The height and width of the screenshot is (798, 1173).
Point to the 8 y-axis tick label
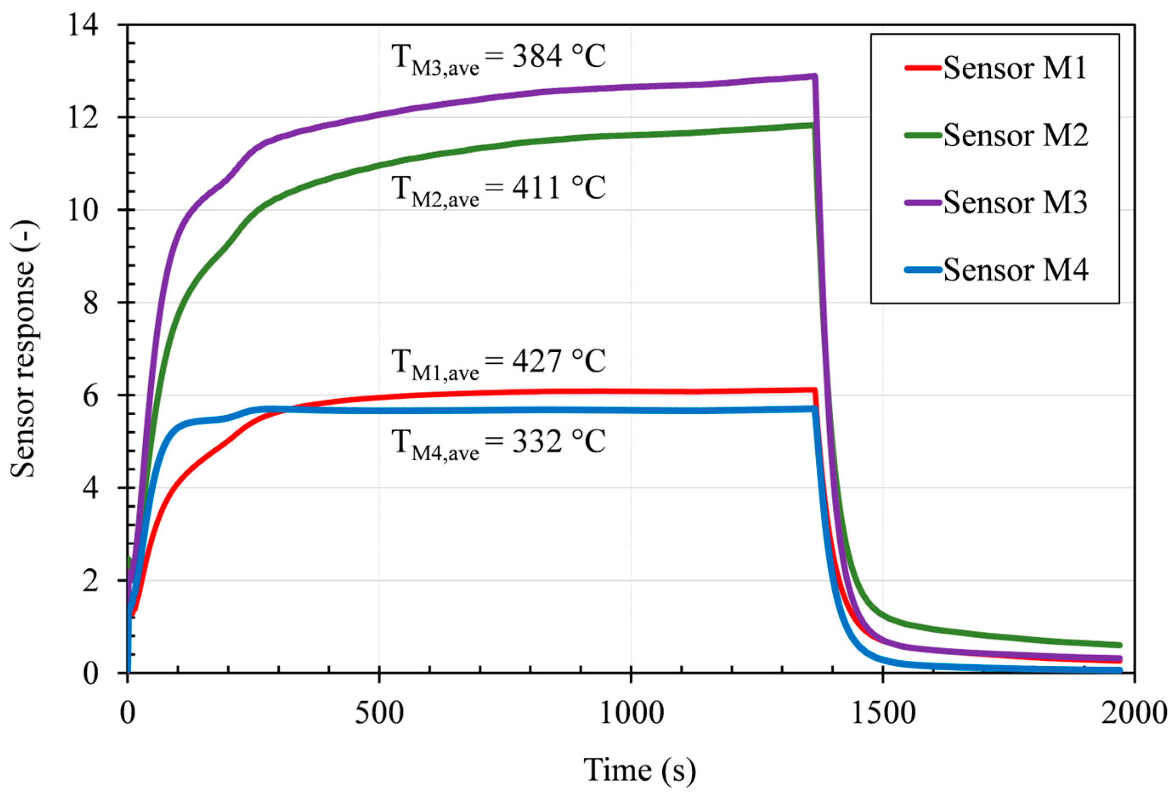click(91, 303)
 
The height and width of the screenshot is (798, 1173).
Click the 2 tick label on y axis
click(91, 580)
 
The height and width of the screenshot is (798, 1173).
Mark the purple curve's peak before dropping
click(814, 76)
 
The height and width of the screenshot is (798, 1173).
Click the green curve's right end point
click(1119, 645)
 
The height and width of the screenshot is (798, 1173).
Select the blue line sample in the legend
click(923, 270)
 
